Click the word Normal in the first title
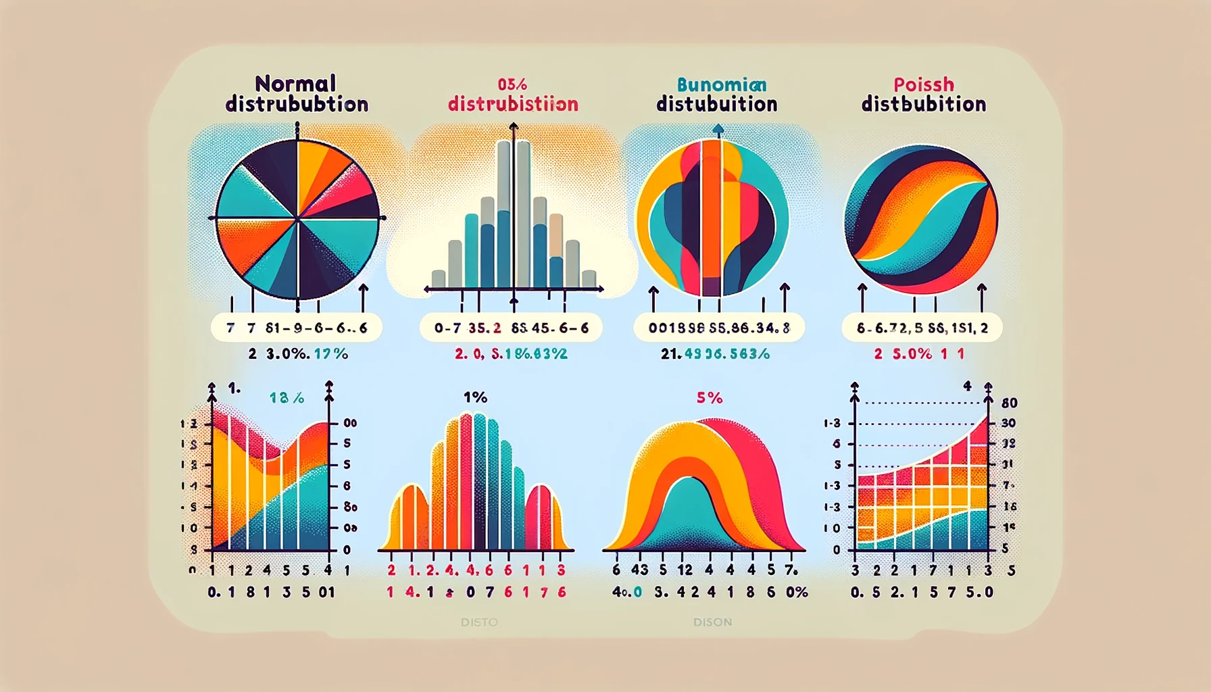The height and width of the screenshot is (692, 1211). [x=295, y=84]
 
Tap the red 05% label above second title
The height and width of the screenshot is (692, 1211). [x=512, y=84]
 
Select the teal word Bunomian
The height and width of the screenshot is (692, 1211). [x=721, y=84]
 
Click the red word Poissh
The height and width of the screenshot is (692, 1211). [x=923, y=84]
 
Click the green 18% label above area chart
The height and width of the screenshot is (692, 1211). [x=287, y=398]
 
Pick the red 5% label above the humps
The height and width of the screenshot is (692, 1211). [x=709, y=398]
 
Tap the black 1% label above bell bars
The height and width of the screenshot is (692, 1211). [x=475, y=397]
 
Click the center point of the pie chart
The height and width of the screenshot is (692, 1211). [x=297, y=218]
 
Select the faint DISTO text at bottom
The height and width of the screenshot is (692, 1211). [x=478, y=622]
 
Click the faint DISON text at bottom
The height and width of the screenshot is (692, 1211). [x=712, y=622]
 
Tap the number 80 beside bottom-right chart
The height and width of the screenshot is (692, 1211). [x=1009, y=403]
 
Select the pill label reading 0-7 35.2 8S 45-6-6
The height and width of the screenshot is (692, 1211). [x=511, y=328]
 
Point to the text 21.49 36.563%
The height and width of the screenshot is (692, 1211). [x=715, y=353]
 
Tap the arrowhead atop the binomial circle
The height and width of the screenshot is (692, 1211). [x=718, y=128]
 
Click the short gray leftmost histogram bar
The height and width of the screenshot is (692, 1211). [x=439, y=278]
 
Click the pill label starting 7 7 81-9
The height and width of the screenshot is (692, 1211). [x=297, y=328]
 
